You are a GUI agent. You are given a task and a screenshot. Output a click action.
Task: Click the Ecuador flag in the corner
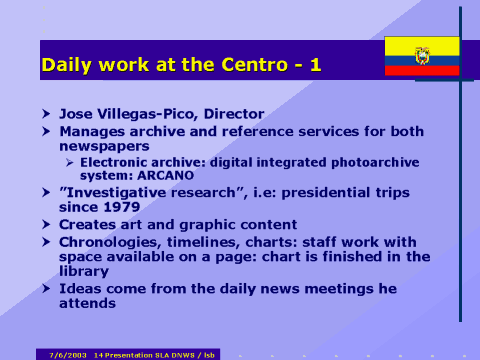[x=422, y=56]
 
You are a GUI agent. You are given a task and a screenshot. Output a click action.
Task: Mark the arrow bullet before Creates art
[x=46, y=224]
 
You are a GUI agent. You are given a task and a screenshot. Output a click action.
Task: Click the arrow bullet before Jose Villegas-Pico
[x=46, y=114]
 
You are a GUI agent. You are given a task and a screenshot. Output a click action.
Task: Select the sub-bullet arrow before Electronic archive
[x=70, y=160]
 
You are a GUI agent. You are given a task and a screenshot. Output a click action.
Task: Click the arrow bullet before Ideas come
[x=46, y=288]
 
